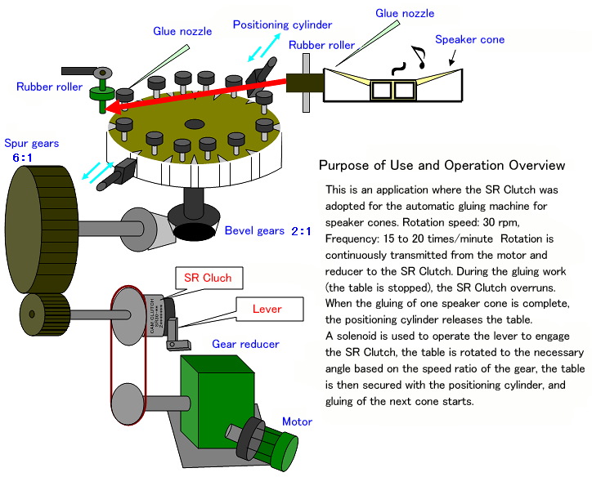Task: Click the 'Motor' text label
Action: point(297,421)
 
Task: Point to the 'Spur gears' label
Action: point(32,143)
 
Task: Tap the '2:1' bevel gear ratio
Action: point(301,231)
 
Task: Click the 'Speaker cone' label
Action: point(469,39)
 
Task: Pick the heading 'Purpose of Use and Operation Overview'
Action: point(442,166)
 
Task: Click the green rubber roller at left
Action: point(102,93)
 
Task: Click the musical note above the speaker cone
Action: point(419,56)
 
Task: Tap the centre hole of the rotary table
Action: point(194,124)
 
